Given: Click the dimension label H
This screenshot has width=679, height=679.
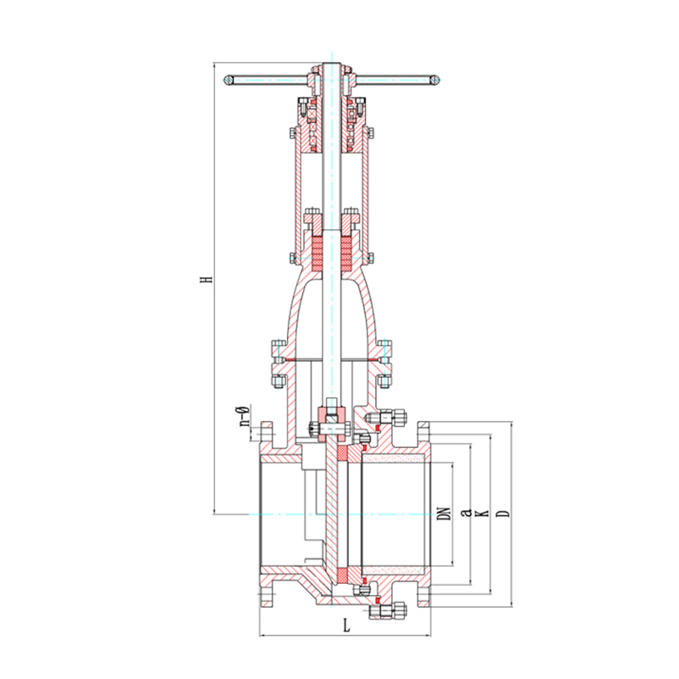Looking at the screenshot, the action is pos(209,278).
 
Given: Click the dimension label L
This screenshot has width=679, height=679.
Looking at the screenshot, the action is pos(346,626).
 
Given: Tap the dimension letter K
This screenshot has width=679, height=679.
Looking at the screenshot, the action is pos(483,513).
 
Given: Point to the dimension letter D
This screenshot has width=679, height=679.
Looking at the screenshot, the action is pos(503,513).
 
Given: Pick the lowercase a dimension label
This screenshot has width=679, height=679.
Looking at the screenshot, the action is pos(466,513).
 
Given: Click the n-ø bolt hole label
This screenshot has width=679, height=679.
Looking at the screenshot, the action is pos(244,416).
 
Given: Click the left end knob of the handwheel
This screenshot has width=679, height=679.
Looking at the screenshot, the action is pos(229,80).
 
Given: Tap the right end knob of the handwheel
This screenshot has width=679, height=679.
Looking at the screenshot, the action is pos(435,80).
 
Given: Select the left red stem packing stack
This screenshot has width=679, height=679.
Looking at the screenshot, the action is pos(317,252).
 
